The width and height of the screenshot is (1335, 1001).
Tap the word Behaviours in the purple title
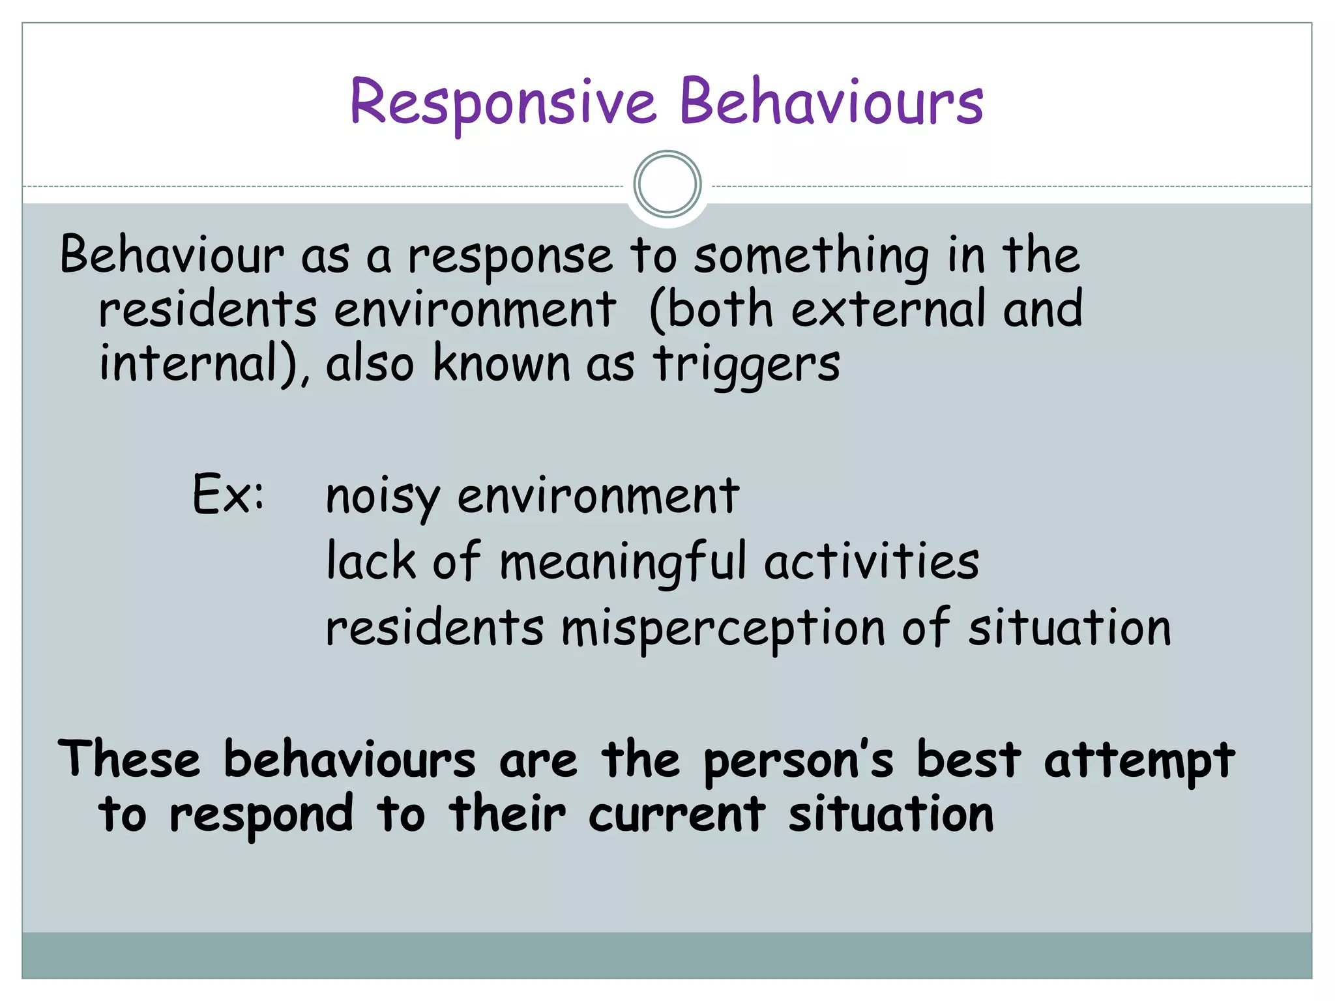pyautogui.click(x=831, y=102)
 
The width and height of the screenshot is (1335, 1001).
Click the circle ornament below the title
pyautogui.click(x=667, y=184)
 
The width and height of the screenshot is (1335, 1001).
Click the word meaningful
pyautogui.click(x=623, y=562)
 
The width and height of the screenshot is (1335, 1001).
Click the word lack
pyautogui.click(x=371, y=561)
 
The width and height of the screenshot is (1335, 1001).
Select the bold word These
pyautogui.click(x=129, y=759)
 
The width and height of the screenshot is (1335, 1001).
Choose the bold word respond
pyautogui.click(x=261, y=815)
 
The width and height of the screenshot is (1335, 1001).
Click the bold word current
pyautogui.click(x=677, y=815)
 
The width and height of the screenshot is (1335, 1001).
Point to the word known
pyautogui.click(x=501, y=363)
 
